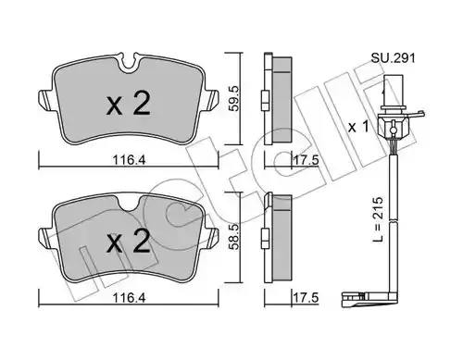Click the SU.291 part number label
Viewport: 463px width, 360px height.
pos(393,57)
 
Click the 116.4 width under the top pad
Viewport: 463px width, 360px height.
pos(129,160)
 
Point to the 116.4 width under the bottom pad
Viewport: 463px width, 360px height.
pos(129,298)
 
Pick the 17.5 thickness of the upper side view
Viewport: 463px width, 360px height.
pos(305,160)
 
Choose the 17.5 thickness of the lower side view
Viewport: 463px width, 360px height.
pos(305,298)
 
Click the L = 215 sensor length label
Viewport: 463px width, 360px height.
pos(378,219)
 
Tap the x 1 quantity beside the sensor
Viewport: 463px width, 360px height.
pos(358,127)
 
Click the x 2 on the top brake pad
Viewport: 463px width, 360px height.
pos(129,104)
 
